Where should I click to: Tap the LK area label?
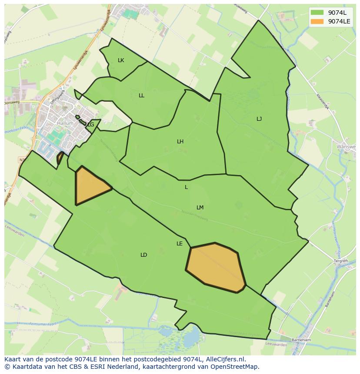tap(121, 60)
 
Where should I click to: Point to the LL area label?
tap(141, 96)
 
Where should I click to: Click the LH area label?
tap(180, 142)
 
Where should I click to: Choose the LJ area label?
tap(259, 119)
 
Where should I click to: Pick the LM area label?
tap(200, 208)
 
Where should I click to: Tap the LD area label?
tap(143, 255)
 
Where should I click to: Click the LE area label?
tap(180, 244)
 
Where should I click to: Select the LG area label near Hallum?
tap(90, 125)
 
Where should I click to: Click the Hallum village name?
tap(65, 123)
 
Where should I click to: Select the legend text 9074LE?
tap(340, 21)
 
